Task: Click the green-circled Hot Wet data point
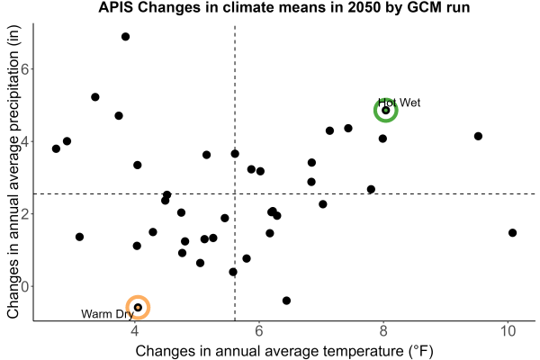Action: point(386,110)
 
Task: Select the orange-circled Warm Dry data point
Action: point(138,307)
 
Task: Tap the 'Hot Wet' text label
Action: point(399,103)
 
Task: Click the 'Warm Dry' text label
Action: point(107,314)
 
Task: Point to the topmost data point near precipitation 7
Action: point(126,37)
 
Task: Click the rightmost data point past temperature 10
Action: point(512,233)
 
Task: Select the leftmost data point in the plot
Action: point(56,148)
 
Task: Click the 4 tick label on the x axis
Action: point(135,331)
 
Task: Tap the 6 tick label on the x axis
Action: point(259,331)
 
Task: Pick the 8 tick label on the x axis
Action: point(383,331)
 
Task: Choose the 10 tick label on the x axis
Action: point(508,331)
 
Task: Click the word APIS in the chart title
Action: point(116,7)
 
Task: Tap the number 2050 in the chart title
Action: point(363,7)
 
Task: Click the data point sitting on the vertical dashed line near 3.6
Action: point(235,154)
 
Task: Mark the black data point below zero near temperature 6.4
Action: point(286,301)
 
